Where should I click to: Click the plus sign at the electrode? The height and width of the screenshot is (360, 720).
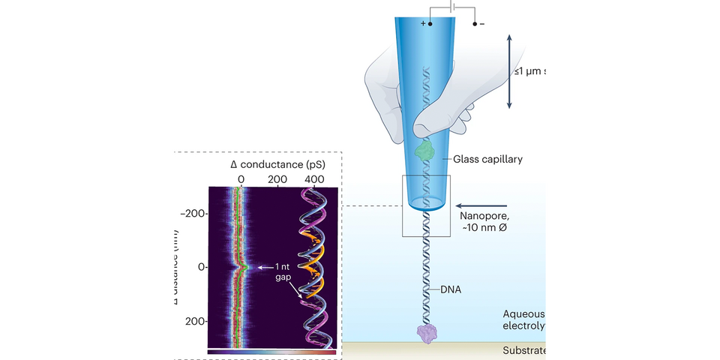pyautogui.click(x=422, y=23)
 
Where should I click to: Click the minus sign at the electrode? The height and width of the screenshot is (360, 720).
pyautogui.click(x=482, y=24)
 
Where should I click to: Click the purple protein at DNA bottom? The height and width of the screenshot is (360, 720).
pyautogui.click(x=427, y=333)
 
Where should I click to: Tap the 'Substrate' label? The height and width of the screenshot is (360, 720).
pyautogui.click(x=522, y=351)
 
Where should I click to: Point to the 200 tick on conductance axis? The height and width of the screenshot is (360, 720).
pyautogui.click(x=277, y=180)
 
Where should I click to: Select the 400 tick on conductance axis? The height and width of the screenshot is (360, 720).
pyautogui.click(x=316, y=180)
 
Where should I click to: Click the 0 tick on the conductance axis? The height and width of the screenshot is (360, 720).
pyautogui.click(x=241, y=180)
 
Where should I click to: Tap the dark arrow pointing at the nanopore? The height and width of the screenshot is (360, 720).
pyautogui.click(x=482, y=204)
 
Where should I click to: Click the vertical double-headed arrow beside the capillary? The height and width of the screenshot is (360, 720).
pyautogui.click(x=511, y=73)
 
